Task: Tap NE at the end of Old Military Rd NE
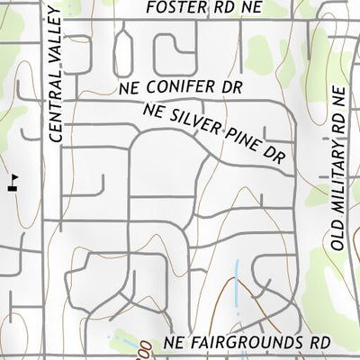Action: pyautogui.click(x=337, y=95)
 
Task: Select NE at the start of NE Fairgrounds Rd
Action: pyautogui.click(x=175, y=344)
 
